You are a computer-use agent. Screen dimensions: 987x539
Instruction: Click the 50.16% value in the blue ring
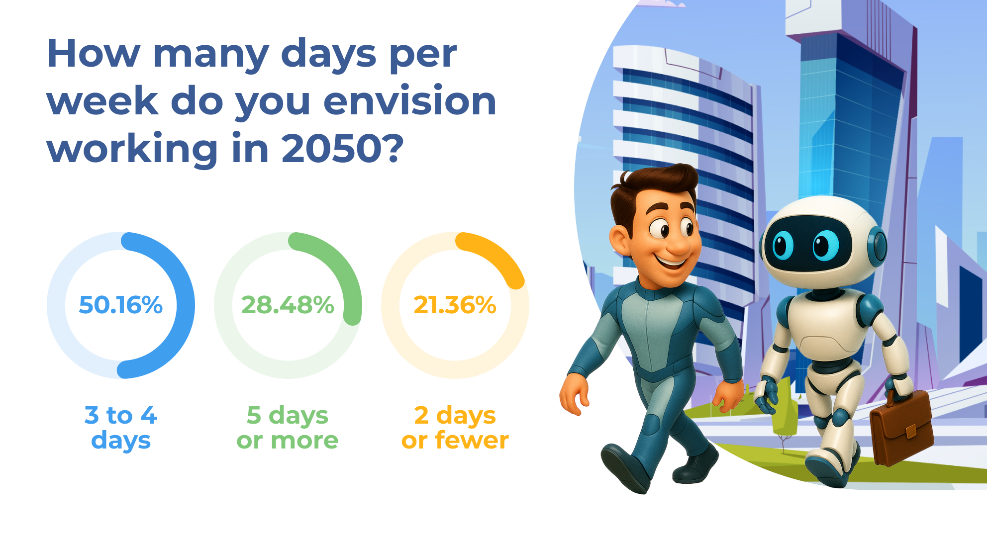point(121,305)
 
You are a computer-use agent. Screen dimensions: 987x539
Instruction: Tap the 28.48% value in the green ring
point(288,305)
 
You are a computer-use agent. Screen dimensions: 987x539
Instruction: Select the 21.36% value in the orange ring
point(455,305)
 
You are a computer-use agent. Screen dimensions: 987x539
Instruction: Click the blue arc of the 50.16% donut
point(185,305)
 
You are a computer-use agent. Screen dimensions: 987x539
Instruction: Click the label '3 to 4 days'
point(121,428)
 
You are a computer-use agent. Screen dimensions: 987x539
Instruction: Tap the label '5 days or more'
point(288,428)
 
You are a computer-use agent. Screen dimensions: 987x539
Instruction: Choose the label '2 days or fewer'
point(455,428)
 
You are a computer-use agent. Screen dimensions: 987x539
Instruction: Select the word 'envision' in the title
point(410,101)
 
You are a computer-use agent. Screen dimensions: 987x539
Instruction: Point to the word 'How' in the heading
point(94,54)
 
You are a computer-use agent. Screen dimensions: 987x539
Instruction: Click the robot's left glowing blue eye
point(783,245)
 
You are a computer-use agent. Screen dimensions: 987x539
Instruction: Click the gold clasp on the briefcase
point(911,431)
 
